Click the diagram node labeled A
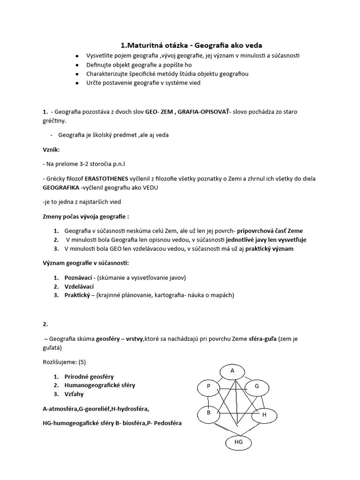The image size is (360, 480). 232,371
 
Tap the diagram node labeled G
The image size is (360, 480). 256,387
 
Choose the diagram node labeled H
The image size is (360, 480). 263,415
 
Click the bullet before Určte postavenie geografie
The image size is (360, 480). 76,83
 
